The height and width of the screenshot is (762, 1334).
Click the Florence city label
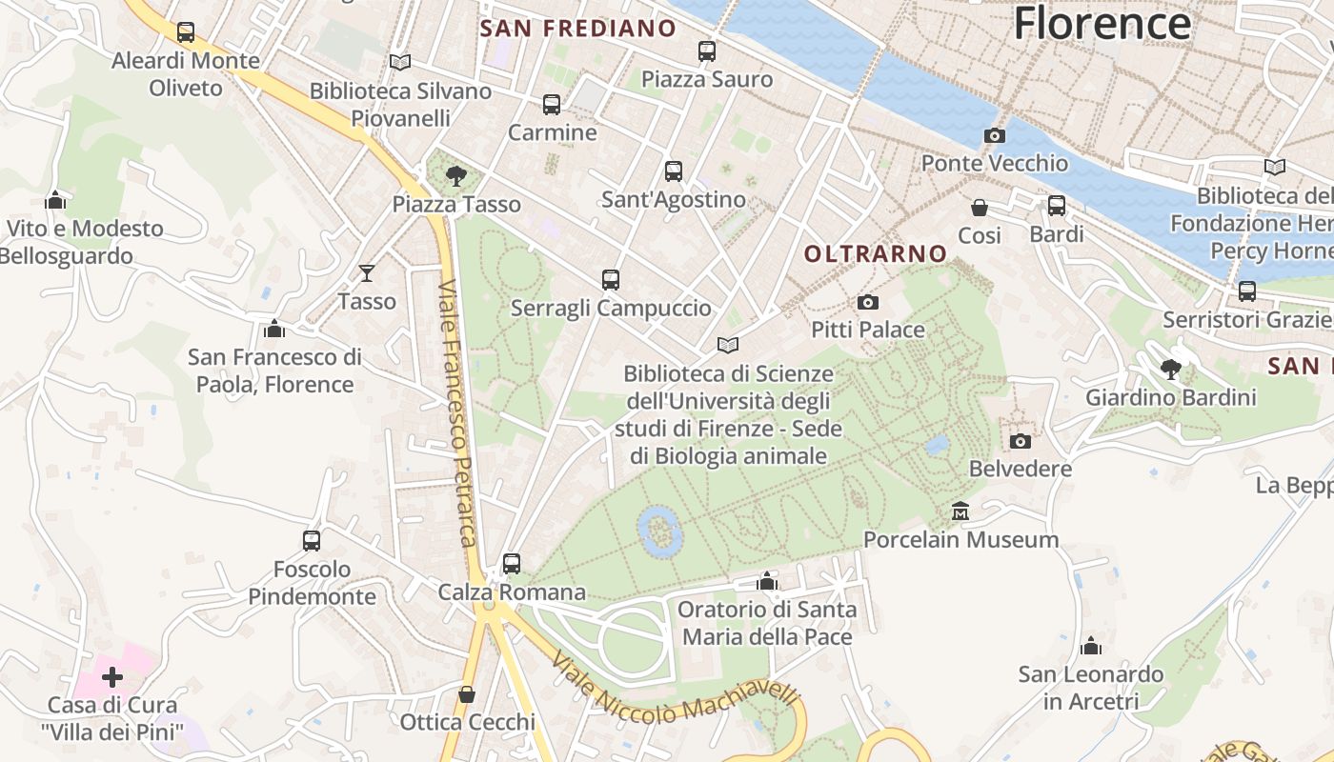(1102, 23)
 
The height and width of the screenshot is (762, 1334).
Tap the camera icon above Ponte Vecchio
(994, 136)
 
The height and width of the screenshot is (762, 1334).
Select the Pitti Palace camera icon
(867, 303)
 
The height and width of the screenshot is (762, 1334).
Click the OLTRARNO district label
(876, 253)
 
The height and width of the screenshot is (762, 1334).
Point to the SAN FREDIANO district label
(577, 29)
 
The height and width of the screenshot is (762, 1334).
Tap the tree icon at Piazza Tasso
(456, 176)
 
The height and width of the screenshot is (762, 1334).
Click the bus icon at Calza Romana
(512, 564)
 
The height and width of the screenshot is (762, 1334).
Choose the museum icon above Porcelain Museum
(960, 512)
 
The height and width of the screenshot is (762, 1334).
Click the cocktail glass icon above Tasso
(367, 274)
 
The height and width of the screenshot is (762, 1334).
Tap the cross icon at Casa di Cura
(112, 677)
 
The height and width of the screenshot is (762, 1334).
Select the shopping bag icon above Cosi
(979, 208)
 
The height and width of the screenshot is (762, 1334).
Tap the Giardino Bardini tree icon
(1171, 370)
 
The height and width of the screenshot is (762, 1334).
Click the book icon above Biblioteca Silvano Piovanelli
(400, 63)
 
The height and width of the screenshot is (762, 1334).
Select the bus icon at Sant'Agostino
(674, 171)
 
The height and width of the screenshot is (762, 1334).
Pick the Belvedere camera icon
(1020, 441)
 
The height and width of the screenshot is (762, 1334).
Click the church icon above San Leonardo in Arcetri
(1091, 647)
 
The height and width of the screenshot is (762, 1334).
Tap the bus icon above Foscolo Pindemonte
(312, 541)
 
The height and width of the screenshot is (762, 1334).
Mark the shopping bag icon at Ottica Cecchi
(467, 694)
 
